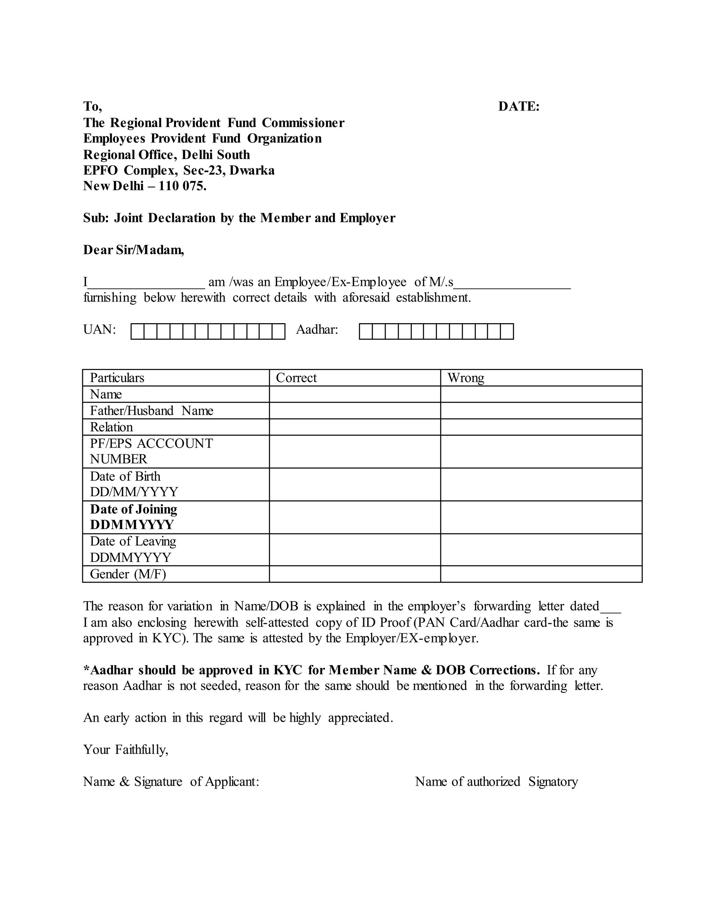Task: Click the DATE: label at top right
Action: pyautogui.click(x=519, y=106)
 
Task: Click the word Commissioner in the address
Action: pyautogui.click(x=303, y=123)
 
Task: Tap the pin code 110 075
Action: pyautogui.click(x=182, y=186)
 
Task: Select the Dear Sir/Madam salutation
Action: pyautogui.click(x=133, y=250)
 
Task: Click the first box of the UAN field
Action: pyautogui.click(x=137, y=331)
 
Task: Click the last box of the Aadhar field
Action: pyautogui.click(x=507, y=331)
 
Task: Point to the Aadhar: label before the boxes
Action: pyautogui.click(x=317, y=330)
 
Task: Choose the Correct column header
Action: pyautogui.click(x=296, y=378)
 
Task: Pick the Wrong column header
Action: pyautogui.click(x=466, y=378)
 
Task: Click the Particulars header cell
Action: pyautogui.click(x=117, y=378)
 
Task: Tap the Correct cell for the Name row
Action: pyautogui.click(x=355, y=394)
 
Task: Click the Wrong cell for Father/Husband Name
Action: pyautogui.click(x=541, y=411)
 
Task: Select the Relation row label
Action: pyautogui.click(x=111, y=427)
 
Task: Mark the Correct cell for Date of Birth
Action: pyautogui.click(x=355, y=485)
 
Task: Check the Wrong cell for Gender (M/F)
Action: pyautogui.click(x=541, y=574)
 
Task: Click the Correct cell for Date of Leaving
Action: pyautogui.click(x=355, y=550)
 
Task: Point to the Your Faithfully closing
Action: pyautogui.click(x=125, y=750)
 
